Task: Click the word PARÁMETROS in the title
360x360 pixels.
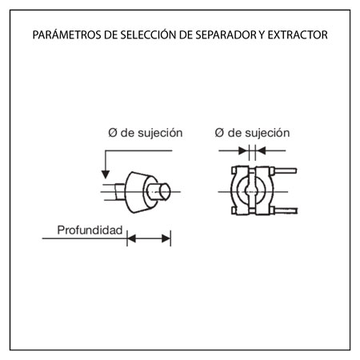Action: [66, 34]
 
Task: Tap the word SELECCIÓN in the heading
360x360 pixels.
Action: [146, 34]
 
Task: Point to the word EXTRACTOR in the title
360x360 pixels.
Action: [298, 35]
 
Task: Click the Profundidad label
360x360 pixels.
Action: [90, 230]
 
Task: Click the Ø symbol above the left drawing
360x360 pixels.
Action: [113, 133]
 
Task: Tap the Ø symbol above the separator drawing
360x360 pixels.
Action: [219, 133]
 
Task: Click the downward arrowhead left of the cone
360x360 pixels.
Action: [106, 174]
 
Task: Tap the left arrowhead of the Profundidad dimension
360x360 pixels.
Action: [131, 238]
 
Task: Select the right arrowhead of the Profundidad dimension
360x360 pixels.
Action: [166, 238]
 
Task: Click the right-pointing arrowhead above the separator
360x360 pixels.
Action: [242, 150]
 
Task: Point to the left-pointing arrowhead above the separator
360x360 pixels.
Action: [262, 150]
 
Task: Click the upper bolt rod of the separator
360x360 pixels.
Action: [286, 170]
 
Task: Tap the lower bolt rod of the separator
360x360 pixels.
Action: [286, 210]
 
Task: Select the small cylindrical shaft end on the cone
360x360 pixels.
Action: [161, 191]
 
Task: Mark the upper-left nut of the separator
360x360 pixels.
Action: [234, 170]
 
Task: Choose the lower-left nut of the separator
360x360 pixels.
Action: [234, 210]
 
